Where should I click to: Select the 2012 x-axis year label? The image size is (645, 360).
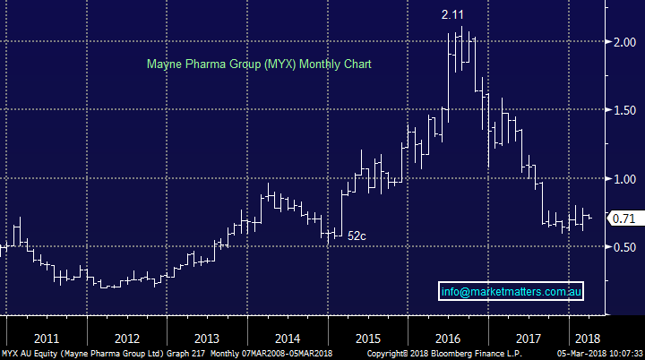coord(126,339)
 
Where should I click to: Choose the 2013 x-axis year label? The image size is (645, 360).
coord(206,339)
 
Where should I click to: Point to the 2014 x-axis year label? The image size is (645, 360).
coord(288,339)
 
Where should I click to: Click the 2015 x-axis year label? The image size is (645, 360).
coord(368,339)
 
